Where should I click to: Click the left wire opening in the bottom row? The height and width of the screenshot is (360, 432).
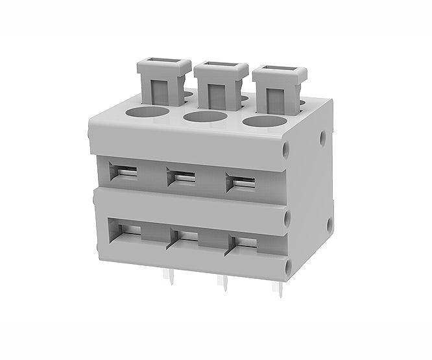127,232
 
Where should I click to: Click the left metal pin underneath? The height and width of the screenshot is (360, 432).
167,278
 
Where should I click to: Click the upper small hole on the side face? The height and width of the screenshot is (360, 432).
323,138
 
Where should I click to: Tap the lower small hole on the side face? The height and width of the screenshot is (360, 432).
329,224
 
